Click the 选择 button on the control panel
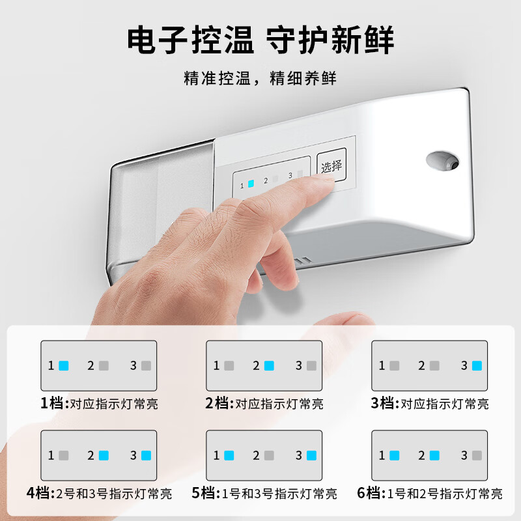[331, 166]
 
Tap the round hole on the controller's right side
[443, 159]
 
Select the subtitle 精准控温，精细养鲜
[260, 79]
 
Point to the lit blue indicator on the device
[251, 184]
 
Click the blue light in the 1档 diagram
[64, 365]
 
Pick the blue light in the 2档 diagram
[269, 365]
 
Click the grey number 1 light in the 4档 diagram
[64, 455]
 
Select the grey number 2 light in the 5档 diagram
[269, 455]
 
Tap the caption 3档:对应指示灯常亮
[430, 404]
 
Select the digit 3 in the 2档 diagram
[299, 365]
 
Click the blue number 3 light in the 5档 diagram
[311, 455]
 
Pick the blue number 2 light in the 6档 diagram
[434, 455]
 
